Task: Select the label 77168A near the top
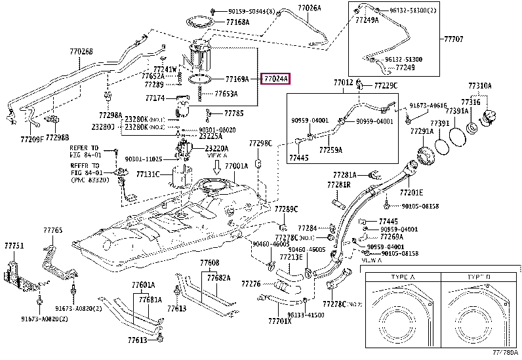[x=237, y=22]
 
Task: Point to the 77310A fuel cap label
[x=480, y=86]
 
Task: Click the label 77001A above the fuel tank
[x=237, y=167]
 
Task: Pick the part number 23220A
[x=216, y=149]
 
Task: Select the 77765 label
[x=53, y=231]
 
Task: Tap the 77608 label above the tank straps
[x=209, y=262]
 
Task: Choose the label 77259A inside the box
[x=331, y=150]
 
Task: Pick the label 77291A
[x=422, y=131]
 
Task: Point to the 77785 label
[x=234, y=113]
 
